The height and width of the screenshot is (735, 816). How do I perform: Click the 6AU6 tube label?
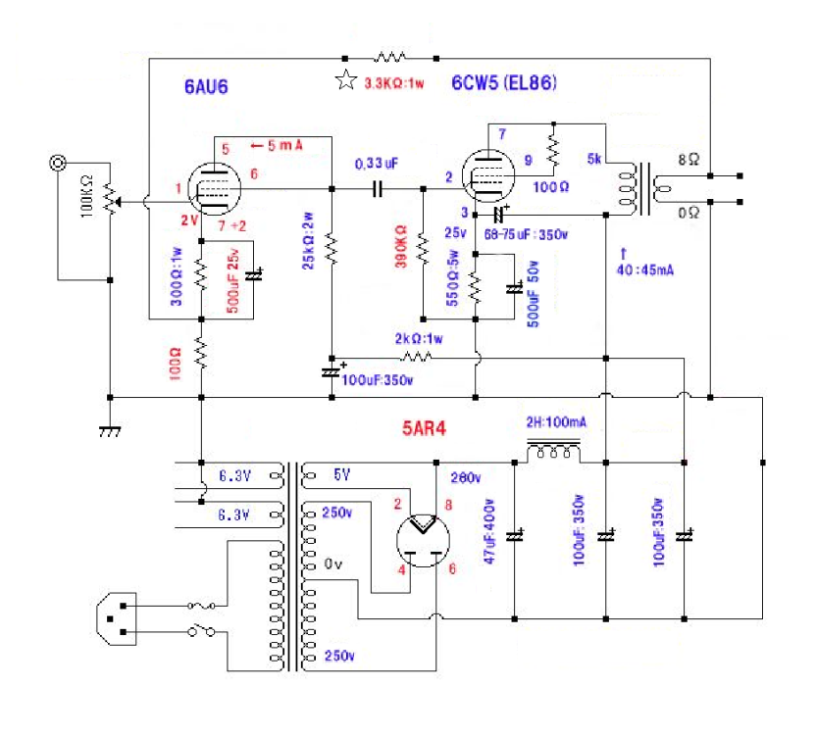pos(207,87)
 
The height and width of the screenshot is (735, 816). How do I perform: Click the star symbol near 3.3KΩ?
pos(345,82)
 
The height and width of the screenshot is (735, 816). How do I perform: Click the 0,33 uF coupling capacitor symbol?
pos(377,188)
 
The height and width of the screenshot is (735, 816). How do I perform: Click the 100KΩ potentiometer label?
pos(86,200)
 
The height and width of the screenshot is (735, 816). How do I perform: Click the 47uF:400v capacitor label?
pos(495,528)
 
